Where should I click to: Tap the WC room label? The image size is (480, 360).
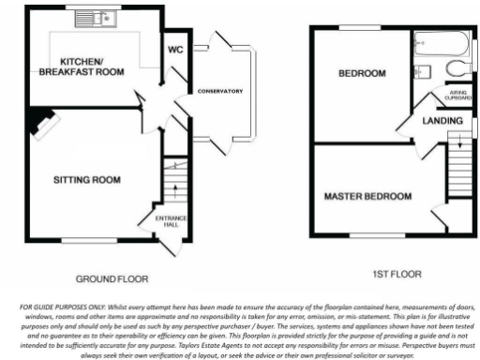coord(174,51)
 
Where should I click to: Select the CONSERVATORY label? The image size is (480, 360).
coord(220,91)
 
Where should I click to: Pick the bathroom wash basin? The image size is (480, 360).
coord(419,70)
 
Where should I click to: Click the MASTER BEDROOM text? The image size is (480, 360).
coord(367,197)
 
